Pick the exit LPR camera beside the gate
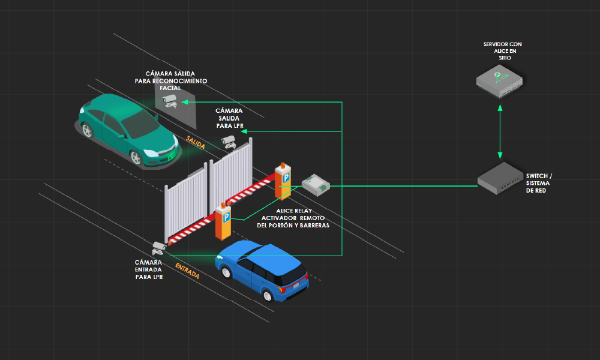(x=228, y=141)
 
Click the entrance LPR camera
(x=159, y=247)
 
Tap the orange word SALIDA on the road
(x=196, y=142)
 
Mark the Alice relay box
(x=316, y=183)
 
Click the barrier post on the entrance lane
(x=223, y=221)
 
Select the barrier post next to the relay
(x=283, y=180)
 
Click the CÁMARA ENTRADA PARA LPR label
(x=149, y=269)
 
